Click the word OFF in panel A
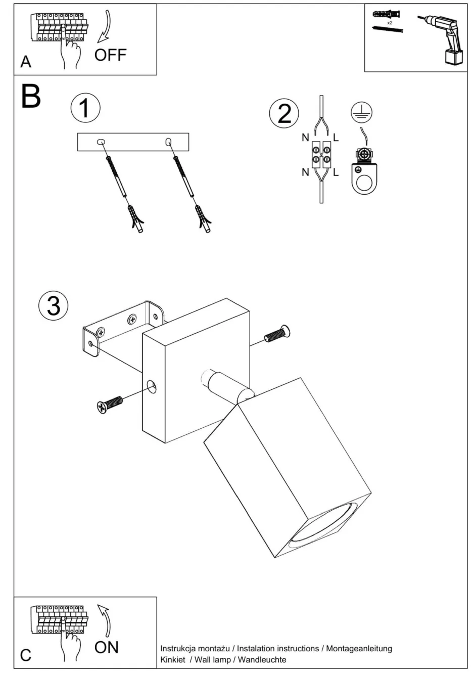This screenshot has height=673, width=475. tap(110, 55)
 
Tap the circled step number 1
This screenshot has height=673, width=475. tap(85, 108)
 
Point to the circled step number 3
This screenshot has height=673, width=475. tap(53, 306)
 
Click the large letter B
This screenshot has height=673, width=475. tap(31, 96)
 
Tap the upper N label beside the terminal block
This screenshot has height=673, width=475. tap(305, 138)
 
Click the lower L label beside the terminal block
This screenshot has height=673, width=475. tap(336, 172)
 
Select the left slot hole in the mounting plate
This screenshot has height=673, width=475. tap(101, 142)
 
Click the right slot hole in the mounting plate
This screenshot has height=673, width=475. tap(168, 142)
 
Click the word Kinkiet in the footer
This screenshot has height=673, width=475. tap(173, 659)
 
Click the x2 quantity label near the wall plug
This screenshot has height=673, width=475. tap(390, 23)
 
